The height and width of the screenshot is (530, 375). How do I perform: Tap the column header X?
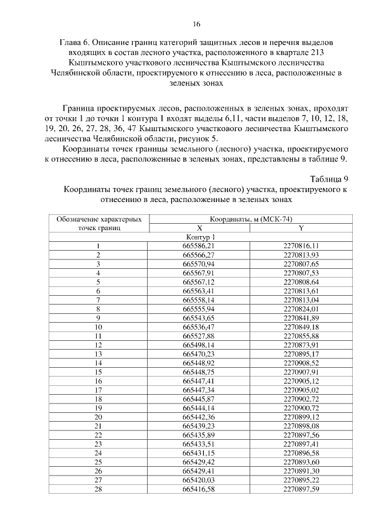point(199,228)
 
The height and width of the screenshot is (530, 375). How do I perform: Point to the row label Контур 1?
point(200,237)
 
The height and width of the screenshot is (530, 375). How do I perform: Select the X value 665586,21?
point(199,246)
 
